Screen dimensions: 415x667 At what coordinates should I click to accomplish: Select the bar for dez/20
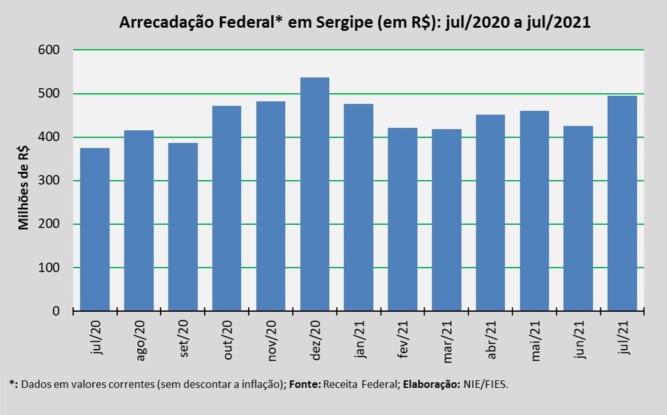315,195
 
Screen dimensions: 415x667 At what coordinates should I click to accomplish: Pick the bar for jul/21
622,203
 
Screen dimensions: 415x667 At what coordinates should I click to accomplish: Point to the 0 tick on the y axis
65,312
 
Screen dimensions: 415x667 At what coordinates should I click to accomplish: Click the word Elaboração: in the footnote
430,384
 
